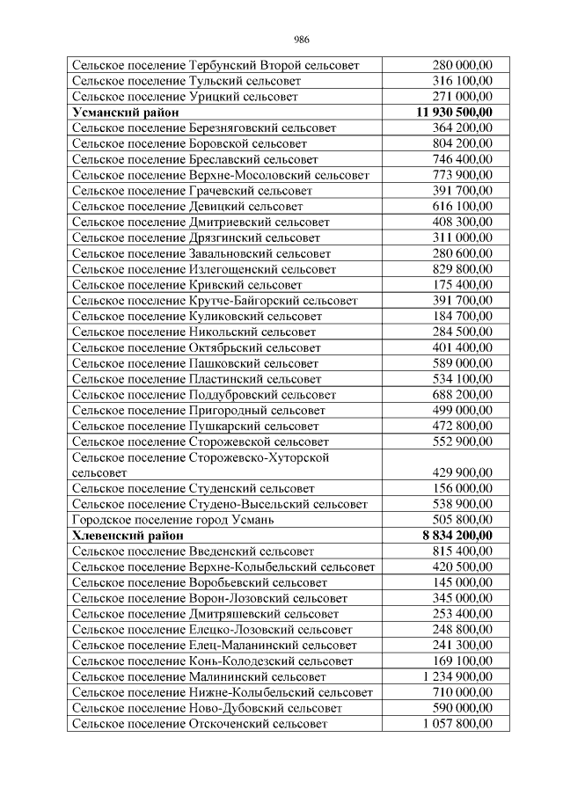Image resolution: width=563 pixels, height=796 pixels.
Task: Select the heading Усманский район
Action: (x=126, y=112)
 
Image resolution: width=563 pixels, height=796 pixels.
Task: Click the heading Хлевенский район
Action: (x=128, y=535)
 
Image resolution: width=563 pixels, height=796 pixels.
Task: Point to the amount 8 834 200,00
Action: (x=457, y=535)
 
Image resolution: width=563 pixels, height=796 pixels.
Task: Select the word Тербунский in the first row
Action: (x=220, y=64)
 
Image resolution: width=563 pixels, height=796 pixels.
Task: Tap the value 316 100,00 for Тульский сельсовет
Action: (x=463, y=80)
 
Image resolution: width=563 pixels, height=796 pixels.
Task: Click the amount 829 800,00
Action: (x=463, y=269)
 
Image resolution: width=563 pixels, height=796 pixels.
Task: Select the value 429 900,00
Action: (x=463, y=472)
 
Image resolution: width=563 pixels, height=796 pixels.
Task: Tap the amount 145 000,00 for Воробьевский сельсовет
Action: (x=463, y=582)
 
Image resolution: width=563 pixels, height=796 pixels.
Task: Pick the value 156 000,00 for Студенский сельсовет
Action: (x=463, y=488)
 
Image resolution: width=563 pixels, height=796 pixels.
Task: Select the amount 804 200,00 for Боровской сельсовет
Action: (x=463, y=143)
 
